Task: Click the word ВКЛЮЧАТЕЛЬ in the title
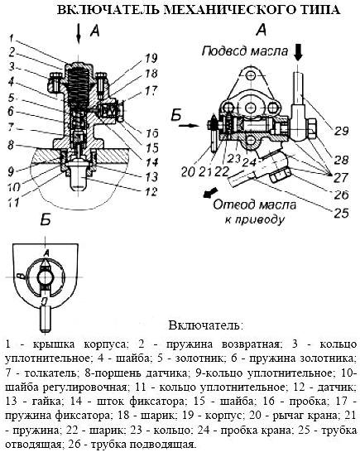pyautogui.click(x=108, y=10)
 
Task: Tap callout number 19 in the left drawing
pyautogui.click(x=151, y=58)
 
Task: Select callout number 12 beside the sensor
pyautogui.click(x=151, y=191)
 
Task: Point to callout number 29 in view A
pyautogui.click(x=341, y=131)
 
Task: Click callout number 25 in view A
pyautogui.click(x=341, y=213)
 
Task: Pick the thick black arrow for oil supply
pyautogui.click(x=298, y=52)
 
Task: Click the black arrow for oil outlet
pyautogui.click(x=210, y=193)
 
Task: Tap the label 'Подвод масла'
pyautogui.click(x=245, y=51)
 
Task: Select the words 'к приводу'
pyautogui.click(x=255, y=219)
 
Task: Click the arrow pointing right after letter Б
pyautogui.click(x=189, y=126)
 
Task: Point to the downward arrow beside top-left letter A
pyautogui.click(x=79, y=34)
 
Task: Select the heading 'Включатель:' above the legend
pyautogui.click(x=205, y=325)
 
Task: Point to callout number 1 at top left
pyautogui.click(x=12, y=38)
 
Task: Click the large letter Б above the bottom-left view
pyautogui.click(x=46, y=220)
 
